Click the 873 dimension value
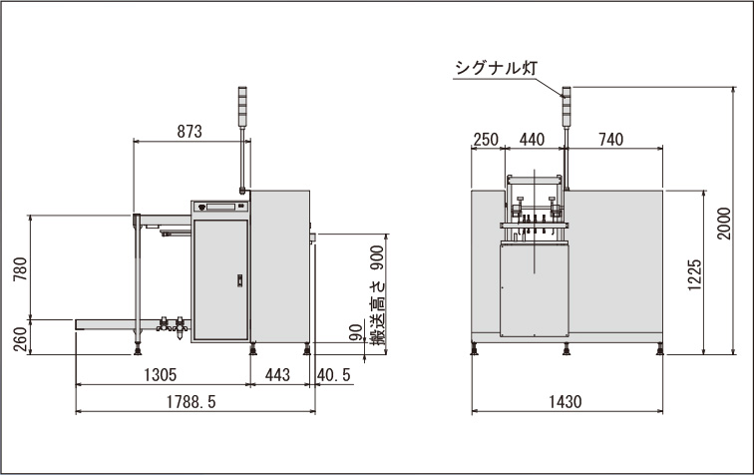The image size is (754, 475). [189, 131]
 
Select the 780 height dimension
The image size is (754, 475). [20, 269]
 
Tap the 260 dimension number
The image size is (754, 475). [20, 339]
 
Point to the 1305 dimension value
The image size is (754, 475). [161, 374]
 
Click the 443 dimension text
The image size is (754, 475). [277, 374]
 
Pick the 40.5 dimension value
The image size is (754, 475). [334, 374]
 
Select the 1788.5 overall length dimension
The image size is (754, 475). [190, 401]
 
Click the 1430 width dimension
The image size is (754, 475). [565, 401]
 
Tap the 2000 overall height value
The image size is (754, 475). [724, 224]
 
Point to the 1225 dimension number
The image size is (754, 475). [695, 274]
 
